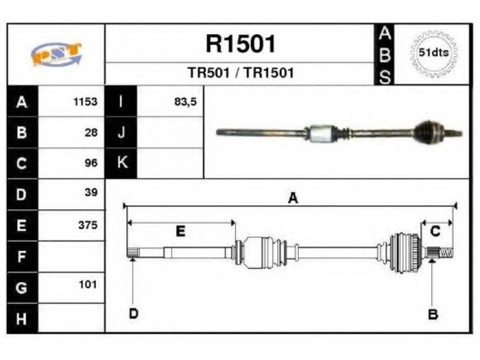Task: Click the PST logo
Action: click(x=56, y=54)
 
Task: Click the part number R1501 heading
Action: click(x=241, y=44)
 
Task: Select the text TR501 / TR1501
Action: click(x=241, y=73)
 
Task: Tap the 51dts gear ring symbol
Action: click(x=434, y=53)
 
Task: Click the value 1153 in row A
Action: click(x=85, y=101)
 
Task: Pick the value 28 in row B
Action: click(x=91, y=133)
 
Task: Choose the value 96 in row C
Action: click(x=91, y=163)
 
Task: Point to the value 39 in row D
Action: click(x=91, y=192)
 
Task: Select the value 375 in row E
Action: click(x=88, y=225)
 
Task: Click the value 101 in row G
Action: click(x=88, y=284)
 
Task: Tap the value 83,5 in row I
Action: click(x=185, y=101)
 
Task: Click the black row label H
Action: click(x=22, y=319)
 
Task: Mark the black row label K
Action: click(x=121, y=163)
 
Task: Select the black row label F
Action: click(x=22, y=257)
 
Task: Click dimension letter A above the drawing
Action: click(x=293, y=198)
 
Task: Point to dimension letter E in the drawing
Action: click(x=181, y=231)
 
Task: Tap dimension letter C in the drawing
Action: click(x=436, y=231)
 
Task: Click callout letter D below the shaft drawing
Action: click(x=134, y=313)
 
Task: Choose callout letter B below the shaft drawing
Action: click(x=433, y=314)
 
